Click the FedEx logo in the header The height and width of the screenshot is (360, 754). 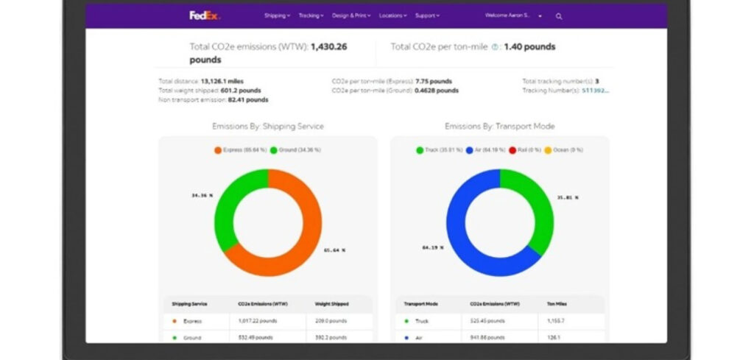(204, 15)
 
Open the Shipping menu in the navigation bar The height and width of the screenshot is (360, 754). (277, 15)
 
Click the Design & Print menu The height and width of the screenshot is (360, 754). (351, 15)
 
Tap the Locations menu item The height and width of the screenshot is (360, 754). (392, 15)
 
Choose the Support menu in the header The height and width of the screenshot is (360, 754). (427, 15)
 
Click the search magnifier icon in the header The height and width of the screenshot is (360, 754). (559, 16)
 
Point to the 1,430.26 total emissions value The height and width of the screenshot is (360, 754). (328, 47)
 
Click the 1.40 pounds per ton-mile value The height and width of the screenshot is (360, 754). (529, 47)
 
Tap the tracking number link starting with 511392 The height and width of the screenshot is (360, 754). (596, 91)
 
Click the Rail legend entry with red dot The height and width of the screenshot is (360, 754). (524, 150)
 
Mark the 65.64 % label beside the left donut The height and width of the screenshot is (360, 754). (334, 250)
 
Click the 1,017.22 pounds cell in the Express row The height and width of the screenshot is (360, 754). (255, 321)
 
